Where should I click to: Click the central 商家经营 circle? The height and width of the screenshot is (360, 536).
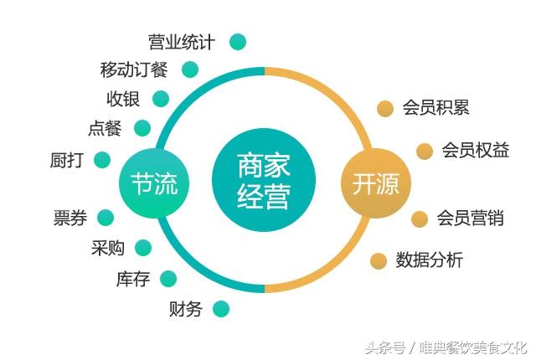pyautogui.click(x=264, y=180)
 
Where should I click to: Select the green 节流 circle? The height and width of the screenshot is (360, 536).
pyautogui.click(x=154, y=183)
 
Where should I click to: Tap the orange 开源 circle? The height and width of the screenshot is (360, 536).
pyautogui.click(x=376, y=183)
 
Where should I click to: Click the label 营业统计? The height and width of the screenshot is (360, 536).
pyautogui.click(x=182, y=43)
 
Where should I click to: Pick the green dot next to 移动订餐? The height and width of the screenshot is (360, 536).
pyautogui.click(x=190, y=69)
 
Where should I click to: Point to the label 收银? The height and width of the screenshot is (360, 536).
pyautogui.click(x=123, y=99)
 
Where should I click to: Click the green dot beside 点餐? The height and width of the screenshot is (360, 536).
pyautogui.click(x=142, y=128)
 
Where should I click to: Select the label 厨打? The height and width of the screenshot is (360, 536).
pyautogui.click(x=67, y=160)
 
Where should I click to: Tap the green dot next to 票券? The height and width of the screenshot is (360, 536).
pyautogui.click(x=106, y=218)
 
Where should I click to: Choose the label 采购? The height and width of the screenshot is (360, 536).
pyautogui.click(x=108, y=248)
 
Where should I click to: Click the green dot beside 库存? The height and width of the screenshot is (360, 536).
pyautogui.click(x=168, y=279)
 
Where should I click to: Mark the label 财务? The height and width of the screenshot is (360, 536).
pyautogui.click(x=186, y=309)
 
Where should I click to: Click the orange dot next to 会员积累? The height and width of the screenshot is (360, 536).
pyautogui.click(x=385, y=109)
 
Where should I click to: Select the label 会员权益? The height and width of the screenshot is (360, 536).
pyautogui.click(x=476, y=151)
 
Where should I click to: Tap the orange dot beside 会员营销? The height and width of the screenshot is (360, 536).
pyautogui.click(x=420, y=219)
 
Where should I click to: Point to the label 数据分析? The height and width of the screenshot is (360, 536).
pyautogui.click(x=430, y=260)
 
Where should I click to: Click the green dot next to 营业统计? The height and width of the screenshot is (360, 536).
pyautogui.click(x=238, y=42)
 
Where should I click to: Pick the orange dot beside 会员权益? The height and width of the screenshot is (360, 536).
pyautogui.click(x=425, y=151)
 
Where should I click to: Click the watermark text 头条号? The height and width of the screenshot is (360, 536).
pyautogui.click(x=385, y=348)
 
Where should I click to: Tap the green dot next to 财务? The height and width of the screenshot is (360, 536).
pyautogui.click(x=221, y=309)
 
